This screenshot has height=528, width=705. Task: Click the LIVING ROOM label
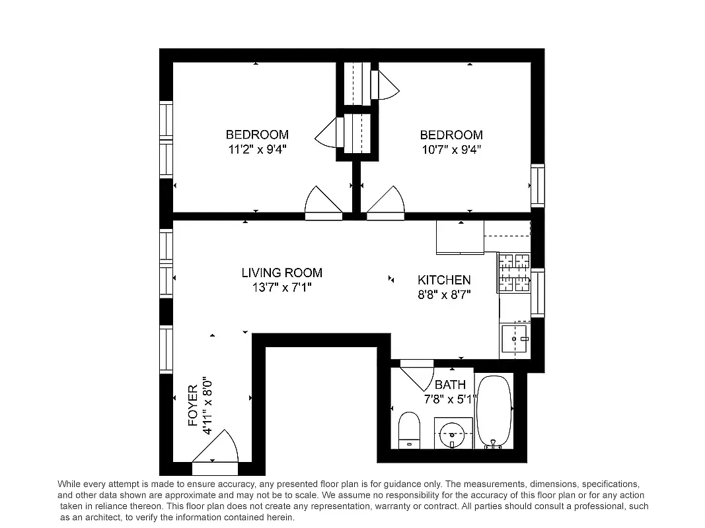(281, 273)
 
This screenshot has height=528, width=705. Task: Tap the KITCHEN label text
(444, 280)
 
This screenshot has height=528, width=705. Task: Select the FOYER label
(193, 405)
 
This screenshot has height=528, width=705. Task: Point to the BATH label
(450, 385)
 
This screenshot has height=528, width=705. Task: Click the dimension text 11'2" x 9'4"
(257, 149)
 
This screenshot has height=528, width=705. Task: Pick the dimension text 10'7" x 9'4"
(451, 149)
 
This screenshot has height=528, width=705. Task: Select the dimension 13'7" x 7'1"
(281, 287)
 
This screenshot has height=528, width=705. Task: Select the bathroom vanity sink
(453, 434)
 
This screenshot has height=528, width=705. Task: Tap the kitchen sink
(514, 339)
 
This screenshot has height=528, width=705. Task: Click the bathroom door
(416, 373)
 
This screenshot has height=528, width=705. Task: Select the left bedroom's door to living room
(323, 201)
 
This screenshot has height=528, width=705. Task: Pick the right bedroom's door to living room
(386, 201)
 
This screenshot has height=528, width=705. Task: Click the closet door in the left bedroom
(327, 133)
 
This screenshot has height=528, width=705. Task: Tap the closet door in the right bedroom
(385, 84)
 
